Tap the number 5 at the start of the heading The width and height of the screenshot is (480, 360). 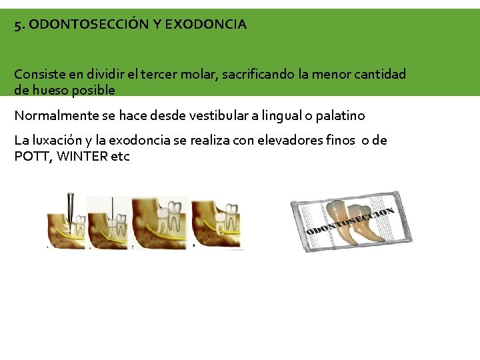point(18,25)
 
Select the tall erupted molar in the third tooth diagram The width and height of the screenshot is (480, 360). point(172,215)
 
